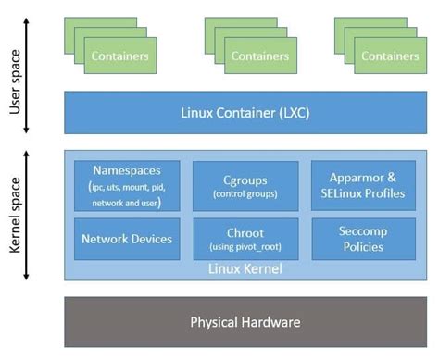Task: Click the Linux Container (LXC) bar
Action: click(245, 112)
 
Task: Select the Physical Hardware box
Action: click(245, 321)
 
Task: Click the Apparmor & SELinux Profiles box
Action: click(363, 184)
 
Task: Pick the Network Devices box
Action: click(126, 239)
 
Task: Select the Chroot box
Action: click(245, 239)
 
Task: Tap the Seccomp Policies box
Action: click(363, 239)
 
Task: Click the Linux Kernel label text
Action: click(245, 269)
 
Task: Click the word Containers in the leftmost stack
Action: click(119, 56)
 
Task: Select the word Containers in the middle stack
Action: click(260, 56)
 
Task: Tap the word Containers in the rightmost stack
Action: click(390, 56)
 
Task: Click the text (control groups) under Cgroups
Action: click(245, 194)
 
